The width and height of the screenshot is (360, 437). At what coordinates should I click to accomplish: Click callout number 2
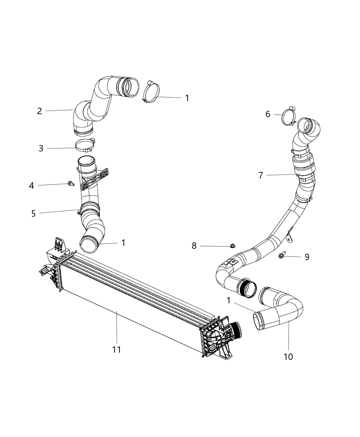point(39,111)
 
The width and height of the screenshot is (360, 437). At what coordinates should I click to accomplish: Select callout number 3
point(41,148)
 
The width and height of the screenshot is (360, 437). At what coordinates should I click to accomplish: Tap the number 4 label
point(32,186)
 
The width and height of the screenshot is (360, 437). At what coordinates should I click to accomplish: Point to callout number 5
point(33,214)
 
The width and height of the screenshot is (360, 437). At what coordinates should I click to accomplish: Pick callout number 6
point(268,114)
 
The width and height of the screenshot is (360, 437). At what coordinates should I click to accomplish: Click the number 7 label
point(261,175)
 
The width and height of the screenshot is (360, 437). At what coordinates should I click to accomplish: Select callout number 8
point(194,246)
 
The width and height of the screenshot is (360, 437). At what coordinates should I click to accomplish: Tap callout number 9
point(307,257)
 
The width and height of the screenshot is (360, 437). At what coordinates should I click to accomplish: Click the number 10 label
point(288,356)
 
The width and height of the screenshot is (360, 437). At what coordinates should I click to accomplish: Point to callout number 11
point(117,350)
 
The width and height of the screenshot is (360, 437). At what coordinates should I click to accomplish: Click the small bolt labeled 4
point(71,184)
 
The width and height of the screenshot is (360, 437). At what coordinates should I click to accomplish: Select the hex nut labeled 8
point(232,246)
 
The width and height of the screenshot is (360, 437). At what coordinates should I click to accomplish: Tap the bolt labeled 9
point(282,255)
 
